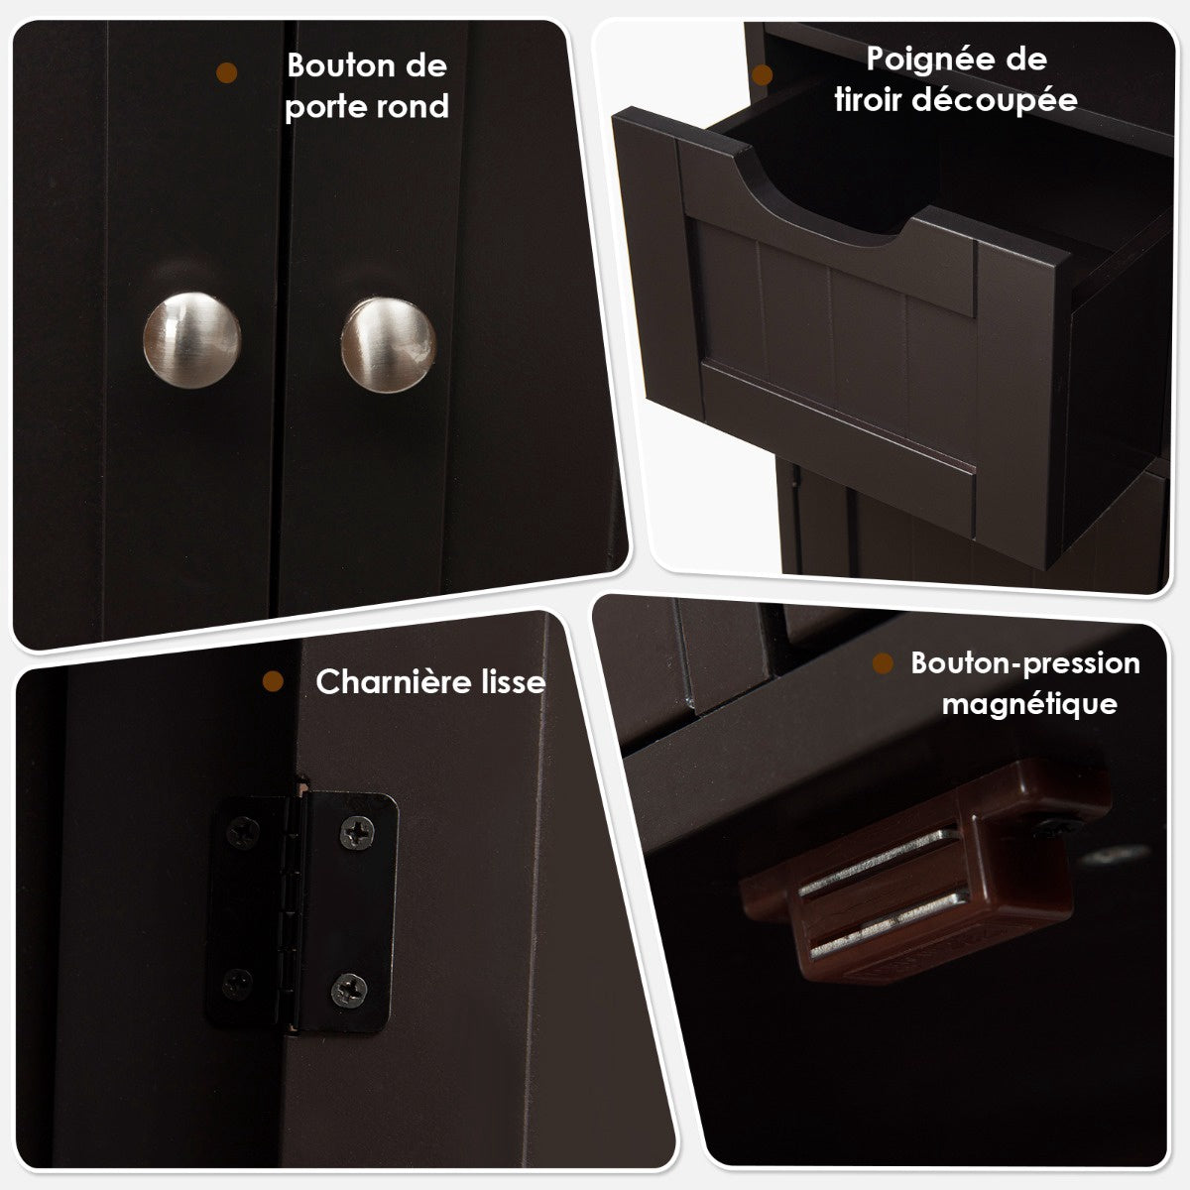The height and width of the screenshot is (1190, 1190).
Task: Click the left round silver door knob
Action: [191, 340]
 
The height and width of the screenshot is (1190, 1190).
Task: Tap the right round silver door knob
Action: [389, 345]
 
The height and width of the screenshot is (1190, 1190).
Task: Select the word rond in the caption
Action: [414, 106]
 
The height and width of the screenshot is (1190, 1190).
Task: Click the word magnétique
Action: [1029, 705]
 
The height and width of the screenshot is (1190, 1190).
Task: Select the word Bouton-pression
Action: [1025, 663]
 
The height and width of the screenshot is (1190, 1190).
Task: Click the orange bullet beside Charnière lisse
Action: [273, 681]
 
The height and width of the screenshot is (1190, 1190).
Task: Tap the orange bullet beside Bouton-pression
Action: [884, 663]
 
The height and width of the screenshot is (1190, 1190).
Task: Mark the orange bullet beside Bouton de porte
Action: [227, 72]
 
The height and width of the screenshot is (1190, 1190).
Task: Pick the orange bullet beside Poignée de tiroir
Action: [763, 74]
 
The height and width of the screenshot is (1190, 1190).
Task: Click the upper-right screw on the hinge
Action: [358, 832]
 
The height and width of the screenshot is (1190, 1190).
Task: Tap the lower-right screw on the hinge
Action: [349, 991]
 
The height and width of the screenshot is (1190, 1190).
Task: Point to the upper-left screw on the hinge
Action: [243, 832]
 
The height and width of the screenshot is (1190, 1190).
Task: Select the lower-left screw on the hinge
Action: [237, 985]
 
